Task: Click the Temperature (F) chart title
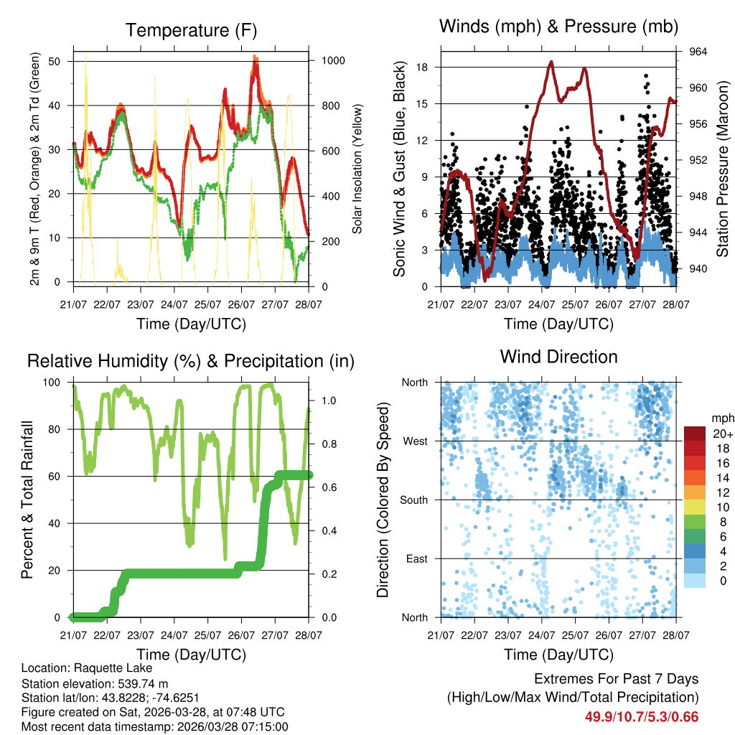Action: click(x=191, y=31)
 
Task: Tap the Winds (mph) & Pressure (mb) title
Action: click(x=558, y=27)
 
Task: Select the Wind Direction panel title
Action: click(x=558, y=357)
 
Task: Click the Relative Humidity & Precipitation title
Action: click(x=191, y=361)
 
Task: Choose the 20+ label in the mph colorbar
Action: click(x=721, y=433)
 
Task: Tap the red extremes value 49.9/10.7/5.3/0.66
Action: click(x=642, y=716)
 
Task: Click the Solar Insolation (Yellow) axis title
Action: click(x=357, y=169)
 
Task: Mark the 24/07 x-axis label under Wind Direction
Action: click(x=542, y=635)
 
